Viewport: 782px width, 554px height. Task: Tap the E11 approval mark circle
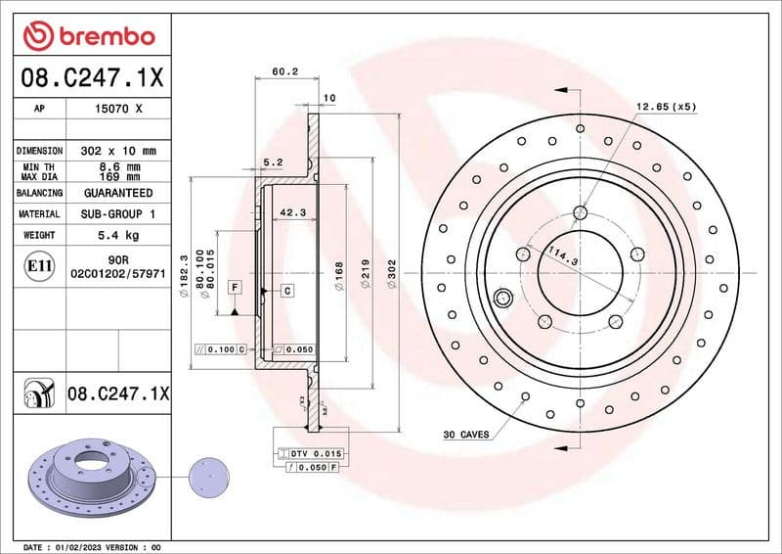point(40,264)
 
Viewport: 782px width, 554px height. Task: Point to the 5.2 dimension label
point(273,162)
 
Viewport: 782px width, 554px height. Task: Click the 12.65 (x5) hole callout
point(666,107)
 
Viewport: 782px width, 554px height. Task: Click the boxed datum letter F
point(235,287)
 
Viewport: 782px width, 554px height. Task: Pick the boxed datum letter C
point(288,291)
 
